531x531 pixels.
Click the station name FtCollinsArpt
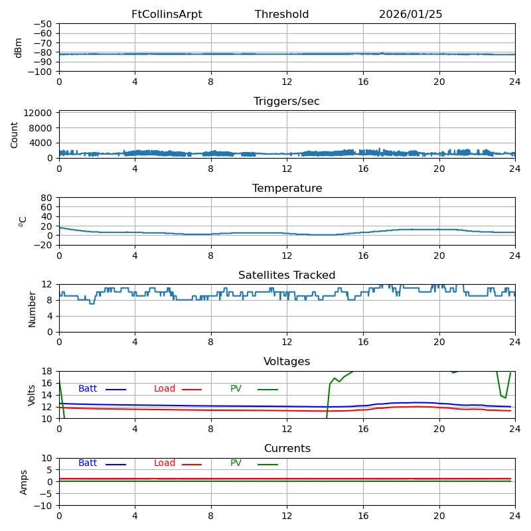(x=167, y=15)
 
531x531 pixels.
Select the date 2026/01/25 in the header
(x=410, y=15)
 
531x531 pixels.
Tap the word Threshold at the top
(x=281, y=15)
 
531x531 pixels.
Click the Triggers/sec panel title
(x=287, y=102)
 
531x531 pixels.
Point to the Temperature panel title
(x=287, y=189)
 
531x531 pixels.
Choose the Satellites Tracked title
(x=287, y=275)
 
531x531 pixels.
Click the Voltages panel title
(x=287, y=362)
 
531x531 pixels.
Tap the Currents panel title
(x=287, y=449)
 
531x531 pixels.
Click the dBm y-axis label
(x=19, y=48)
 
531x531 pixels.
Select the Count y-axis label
(x=15, y=134)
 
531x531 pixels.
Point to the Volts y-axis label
(x=32, y=395)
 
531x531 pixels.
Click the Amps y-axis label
(x=24, y=482)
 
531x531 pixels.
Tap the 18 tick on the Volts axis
(x=48, y=371)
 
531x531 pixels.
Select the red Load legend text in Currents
(x=165, y=463)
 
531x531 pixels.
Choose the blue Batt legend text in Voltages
(x=88, y=389)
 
